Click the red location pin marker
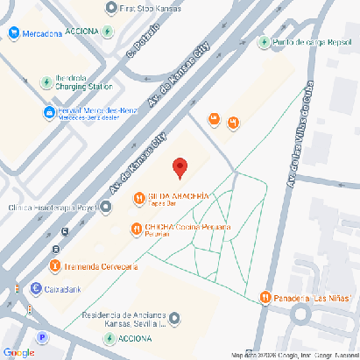(x=180, y=166)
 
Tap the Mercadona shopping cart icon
(x=14, y=33)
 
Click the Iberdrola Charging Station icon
(x=46, y=82)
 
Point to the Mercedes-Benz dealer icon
(x=49, y=113)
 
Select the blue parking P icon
(x=41, y=337)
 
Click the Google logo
(x=18, y=352)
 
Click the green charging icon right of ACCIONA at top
(x=107, y=32)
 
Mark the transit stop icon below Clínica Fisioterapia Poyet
(x=66, y=232)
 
